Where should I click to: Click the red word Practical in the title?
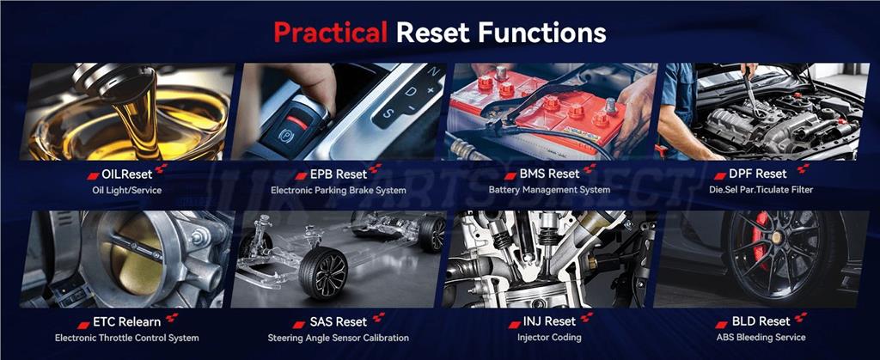click(x=330, y=33)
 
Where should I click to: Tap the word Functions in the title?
click(x=542, y=33)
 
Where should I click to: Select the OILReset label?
click(x=127, y=174)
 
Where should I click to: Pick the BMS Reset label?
click(x=549, y=174)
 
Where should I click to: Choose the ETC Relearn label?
click(x=126, y=322)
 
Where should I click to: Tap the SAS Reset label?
click(x=339, y=322)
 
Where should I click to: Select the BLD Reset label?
click(x=761, y=322)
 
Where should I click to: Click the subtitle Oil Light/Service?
click(x=127, y=191)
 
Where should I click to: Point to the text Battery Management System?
click(x=549, y=190)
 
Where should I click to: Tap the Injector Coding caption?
click(x=549, y=338)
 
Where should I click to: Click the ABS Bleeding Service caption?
click(x=761, y=338)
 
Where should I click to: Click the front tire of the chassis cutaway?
click(x=323, y=272)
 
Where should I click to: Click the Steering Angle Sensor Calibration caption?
click(x=339, y=339)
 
